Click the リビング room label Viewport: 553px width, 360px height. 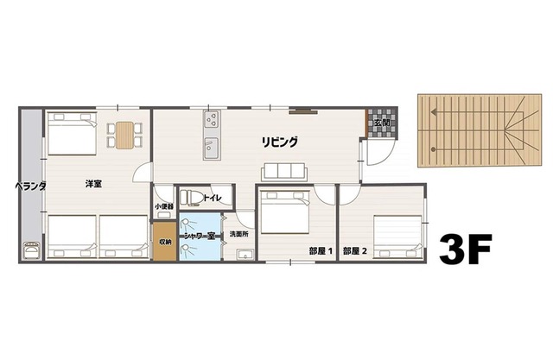coord(279,142)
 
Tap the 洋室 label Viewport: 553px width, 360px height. coord(93,184)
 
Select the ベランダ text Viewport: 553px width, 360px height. coord(31,186)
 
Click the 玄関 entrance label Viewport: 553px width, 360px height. coord(382,123)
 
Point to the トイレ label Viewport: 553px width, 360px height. coord(213,198)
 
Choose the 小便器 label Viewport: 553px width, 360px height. coord(164,206)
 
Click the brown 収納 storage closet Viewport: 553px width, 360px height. coord(164,242)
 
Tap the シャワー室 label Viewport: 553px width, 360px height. coord(200,236)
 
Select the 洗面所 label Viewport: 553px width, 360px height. coord(239,234)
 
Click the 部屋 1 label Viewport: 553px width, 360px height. coord(321,251)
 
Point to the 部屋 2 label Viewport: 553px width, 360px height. coord(355,251)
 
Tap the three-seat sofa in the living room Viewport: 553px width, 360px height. coord(284,172)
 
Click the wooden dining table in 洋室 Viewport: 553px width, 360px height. coord(124,136)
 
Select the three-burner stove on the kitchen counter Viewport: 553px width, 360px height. coord(212,119)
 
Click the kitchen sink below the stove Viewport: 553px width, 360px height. coord(212,148)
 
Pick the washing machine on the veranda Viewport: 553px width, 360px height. coord(31,251)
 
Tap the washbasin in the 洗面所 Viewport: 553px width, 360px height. coord(245,255)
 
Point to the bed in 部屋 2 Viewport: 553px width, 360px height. coord(397,237)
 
